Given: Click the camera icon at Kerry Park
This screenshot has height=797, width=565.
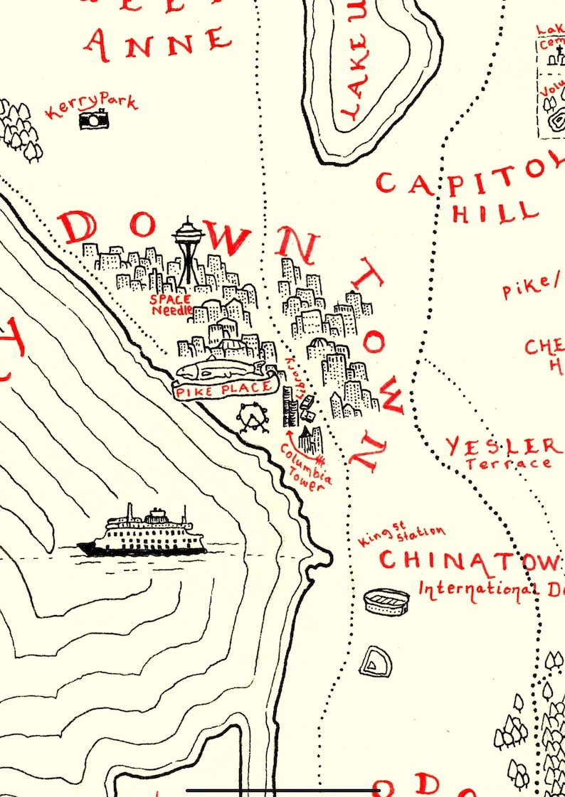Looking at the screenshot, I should pyautogui.click(x=94, y=120).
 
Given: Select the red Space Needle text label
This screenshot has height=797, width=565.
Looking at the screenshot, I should pyautogui.click(x=171, y=304).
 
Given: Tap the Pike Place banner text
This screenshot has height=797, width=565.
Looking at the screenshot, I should pyautogui.click(x=224, y=388).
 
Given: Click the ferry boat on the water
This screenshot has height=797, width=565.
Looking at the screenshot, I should pyautogui.click(x=142, y=533).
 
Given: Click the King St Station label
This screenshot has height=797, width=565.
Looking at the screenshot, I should pyautogui.click(x=402, y=535).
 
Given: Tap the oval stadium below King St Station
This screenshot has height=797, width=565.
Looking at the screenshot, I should pyautogui.click(x=386, y=601).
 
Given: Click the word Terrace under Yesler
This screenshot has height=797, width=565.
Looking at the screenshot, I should pyautogui.click(x=508, y=464).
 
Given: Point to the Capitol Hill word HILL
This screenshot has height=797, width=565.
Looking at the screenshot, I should pyautogui.click(x=495, y=211).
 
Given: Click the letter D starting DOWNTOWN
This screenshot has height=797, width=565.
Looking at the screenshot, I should pyautogui.click(x=79, y=228).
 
